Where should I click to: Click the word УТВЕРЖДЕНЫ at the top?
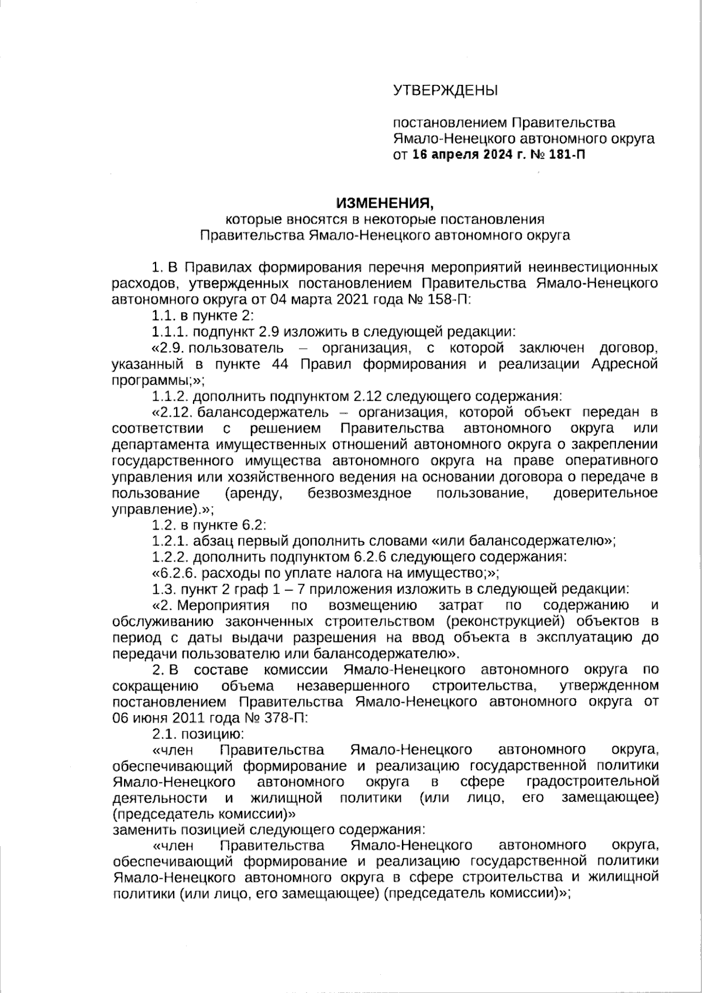[445, 91]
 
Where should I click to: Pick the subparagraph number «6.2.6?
[171, 572]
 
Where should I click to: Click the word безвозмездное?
[359, 493]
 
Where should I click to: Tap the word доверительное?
[605, 493]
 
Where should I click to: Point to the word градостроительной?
[593, 781]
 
